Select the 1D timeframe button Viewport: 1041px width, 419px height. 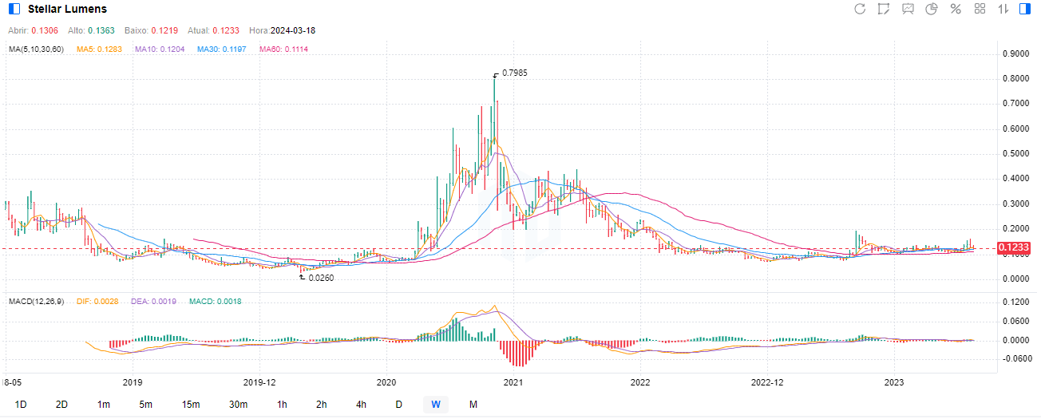(21, 405)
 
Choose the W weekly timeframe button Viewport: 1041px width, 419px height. (436, 405)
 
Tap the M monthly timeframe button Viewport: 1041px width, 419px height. (473, 405)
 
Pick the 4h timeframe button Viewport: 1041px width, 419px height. (362, 405)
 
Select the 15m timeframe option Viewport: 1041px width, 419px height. (190, 405)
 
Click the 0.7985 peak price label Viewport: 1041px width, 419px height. (514, 73)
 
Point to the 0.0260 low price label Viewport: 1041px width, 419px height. (321, 278)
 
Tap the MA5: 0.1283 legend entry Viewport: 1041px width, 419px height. (100, 49)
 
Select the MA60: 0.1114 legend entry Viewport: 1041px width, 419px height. (283, 49)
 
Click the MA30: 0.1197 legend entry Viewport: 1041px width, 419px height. (222, 49)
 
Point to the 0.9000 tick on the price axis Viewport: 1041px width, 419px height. (1015, 54)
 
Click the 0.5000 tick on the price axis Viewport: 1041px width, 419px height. (1015, 154)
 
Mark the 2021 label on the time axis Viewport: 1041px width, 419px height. (513, 381)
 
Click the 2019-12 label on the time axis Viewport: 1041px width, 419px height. (258, 381)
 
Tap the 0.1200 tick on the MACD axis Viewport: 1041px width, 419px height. (1015, 303)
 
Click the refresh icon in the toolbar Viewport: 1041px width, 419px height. (860, 9)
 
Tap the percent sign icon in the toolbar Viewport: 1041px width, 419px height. (955, 9)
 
